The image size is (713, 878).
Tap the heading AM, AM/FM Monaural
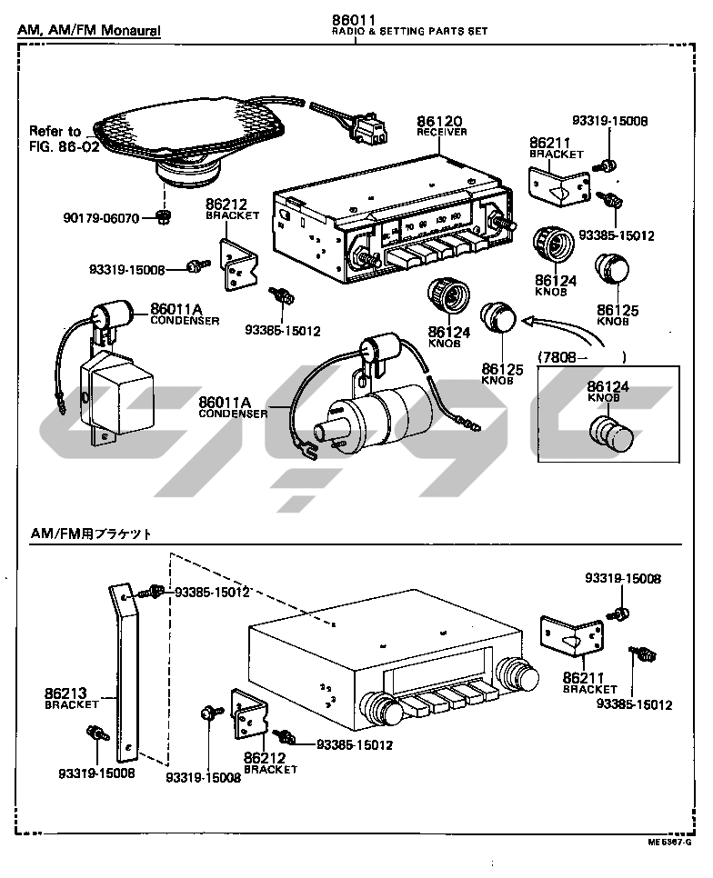pyautogui.click(x=89, y=31)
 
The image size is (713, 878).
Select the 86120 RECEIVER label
pyautogui.click(x=442, y=125)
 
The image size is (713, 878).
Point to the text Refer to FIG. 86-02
pyautogui.click(x=64, y=138)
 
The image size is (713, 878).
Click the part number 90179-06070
pyautogui.click(x=101, y=218)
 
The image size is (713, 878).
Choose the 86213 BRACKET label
pyautogui.click(x=70, y=697)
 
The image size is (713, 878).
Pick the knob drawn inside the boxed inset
pyautogui.click(x=609, y=434)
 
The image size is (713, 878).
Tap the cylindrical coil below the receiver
pyautogui.click(x=377, y=419)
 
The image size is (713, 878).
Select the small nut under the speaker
pyautogui.click(x=164, y=215)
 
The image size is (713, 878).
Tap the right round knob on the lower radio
pyautogui.click(x=520, y=677)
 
